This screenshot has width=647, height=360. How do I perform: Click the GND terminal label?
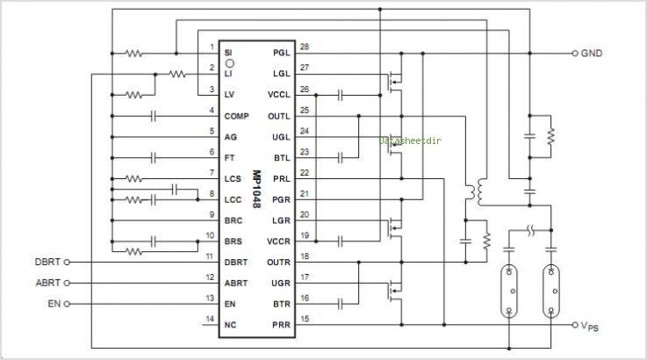591,53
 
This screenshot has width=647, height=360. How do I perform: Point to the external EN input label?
54,304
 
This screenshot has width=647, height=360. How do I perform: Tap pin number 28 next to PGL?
305,47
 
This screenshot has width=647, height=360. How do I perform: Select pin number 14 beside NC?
209,318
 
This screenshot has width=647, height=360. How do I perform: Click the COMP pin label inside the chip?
236,115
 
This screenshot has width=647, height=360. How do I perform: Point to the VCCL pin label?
279,94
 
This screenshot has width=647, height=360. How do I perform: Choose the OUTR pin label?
279,261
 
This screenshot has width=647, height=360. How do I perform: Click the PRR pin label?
281,324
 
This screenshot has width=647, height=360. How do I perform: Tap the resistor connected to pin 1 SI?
133,53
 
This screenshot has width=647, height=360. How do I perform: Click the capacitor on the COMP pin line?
155,115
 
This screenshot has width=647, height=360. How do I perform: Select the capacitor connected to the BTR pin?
339,303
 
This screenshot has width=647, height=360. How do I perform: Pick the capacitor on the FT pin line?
155,157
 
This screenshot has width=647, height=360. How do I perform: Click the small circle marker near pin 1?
230,64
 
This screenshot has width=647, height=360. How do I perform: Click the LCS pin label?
233,178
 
